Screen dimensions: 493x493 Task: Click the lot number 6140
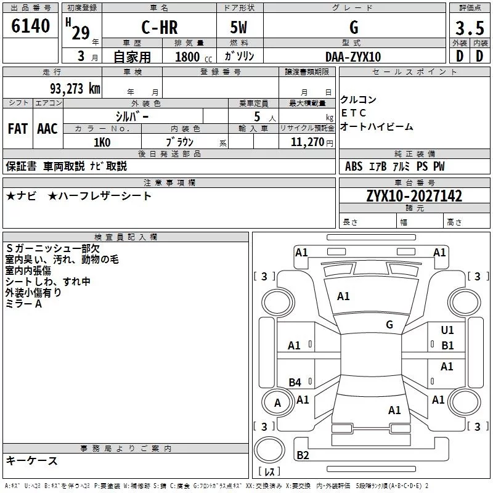coord(30,26)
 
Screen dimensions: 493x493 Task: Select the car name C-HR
coord(160,27)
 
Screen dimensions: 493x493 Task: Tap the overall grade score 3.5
coord(470,28)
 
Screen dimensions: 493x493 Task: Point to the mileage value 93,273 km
coord(75,89)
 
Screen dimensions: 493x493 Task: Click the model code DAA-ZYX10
coord(353,57)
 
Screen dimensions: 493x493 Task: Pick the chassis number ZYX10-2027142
coord(414,196)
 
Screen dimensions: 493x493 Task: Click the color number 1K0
coord(102,142)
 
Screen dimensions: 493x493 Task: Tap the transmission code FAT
coord(18,129)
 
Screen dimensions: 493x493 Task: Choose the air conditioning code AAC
coord(47,129)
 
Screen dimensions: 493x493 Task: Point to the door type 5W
coord(238,27)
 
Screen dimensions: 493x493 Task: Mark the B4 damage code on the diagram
coord(295,382)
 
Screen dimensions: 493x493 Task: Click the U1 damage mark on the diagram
coord(447,330)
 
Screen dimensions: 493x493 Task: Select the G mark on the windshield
coord(389,325)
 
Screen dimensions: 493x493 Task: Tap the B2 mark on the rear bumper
coord(303,455)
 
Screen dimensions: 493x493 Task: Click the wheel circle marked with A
coord(277,402)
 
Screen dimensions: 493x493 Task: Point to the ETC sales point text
coord(353,113)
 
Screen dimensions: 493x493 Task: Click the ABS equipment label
coord(354,166)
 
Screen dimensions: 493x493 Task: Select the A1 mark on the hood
coord(343,296)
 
